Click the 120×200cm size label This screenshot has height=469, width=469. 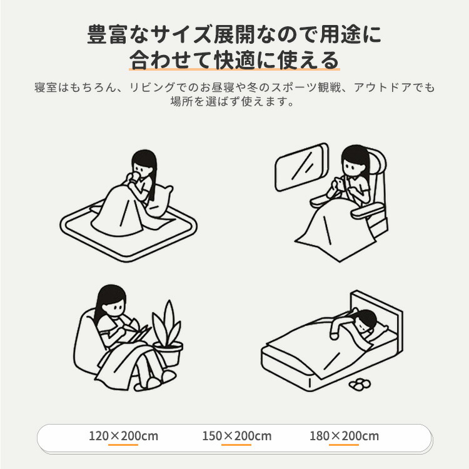123,436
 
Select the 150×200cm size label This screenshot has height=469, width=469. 236,436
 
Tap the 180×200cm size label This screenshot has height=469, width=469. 344,436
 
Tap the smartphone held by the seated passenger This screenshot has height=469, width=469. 340,183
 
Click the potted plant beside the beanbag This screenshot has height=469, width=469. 168,333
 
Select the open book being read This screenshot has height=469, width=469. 136,333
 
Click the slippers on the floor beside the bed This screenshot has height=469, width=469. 359,384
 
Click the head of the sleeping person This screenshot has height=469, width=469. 366,320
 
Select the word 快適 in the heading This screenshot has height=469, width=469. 234,60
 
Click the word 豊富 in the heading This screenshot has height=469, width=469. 108,34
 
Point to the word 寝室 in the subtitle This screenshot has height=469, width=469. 46,88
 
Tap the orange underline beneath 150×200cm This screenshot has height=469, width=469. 236,445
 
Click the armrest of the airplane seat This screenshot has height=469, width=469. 367,210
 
